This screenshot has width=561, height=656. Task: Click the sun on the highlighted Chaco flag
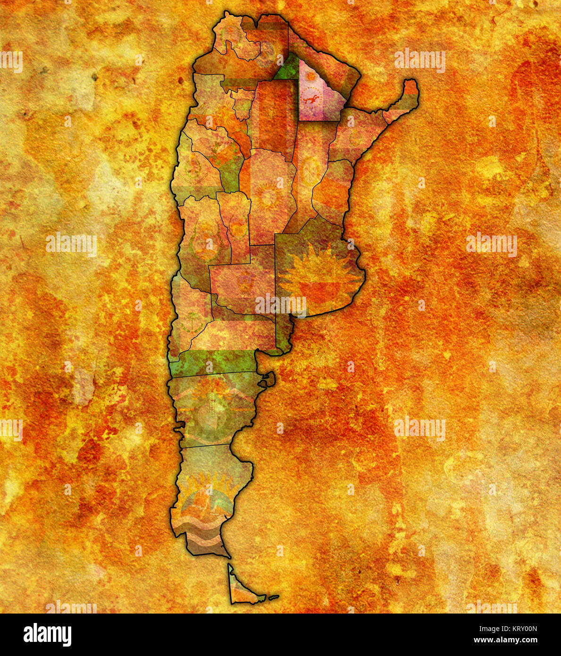pyautogui.click(x=310, y=76)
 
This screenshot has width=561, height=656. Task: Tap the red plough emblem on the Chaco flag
pyautogui.click(x=311, y=99)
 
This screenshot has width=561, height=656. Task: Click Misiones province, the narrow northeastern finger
pyautogui.click(x=401, y=103)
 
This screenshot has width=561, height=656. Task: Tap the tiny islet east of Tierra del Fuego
pyautogui.click(x=274, y=597)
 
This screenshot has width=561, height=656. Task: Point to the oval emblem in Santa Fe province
pyautogui.click(x=311, y=170)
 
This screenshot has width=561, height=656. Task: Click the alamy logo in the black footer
pyautogui.click(x=47, y=635)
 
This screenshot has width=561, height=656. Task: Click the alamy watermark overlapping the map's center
pyautogui.click(x=280, y=304)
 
